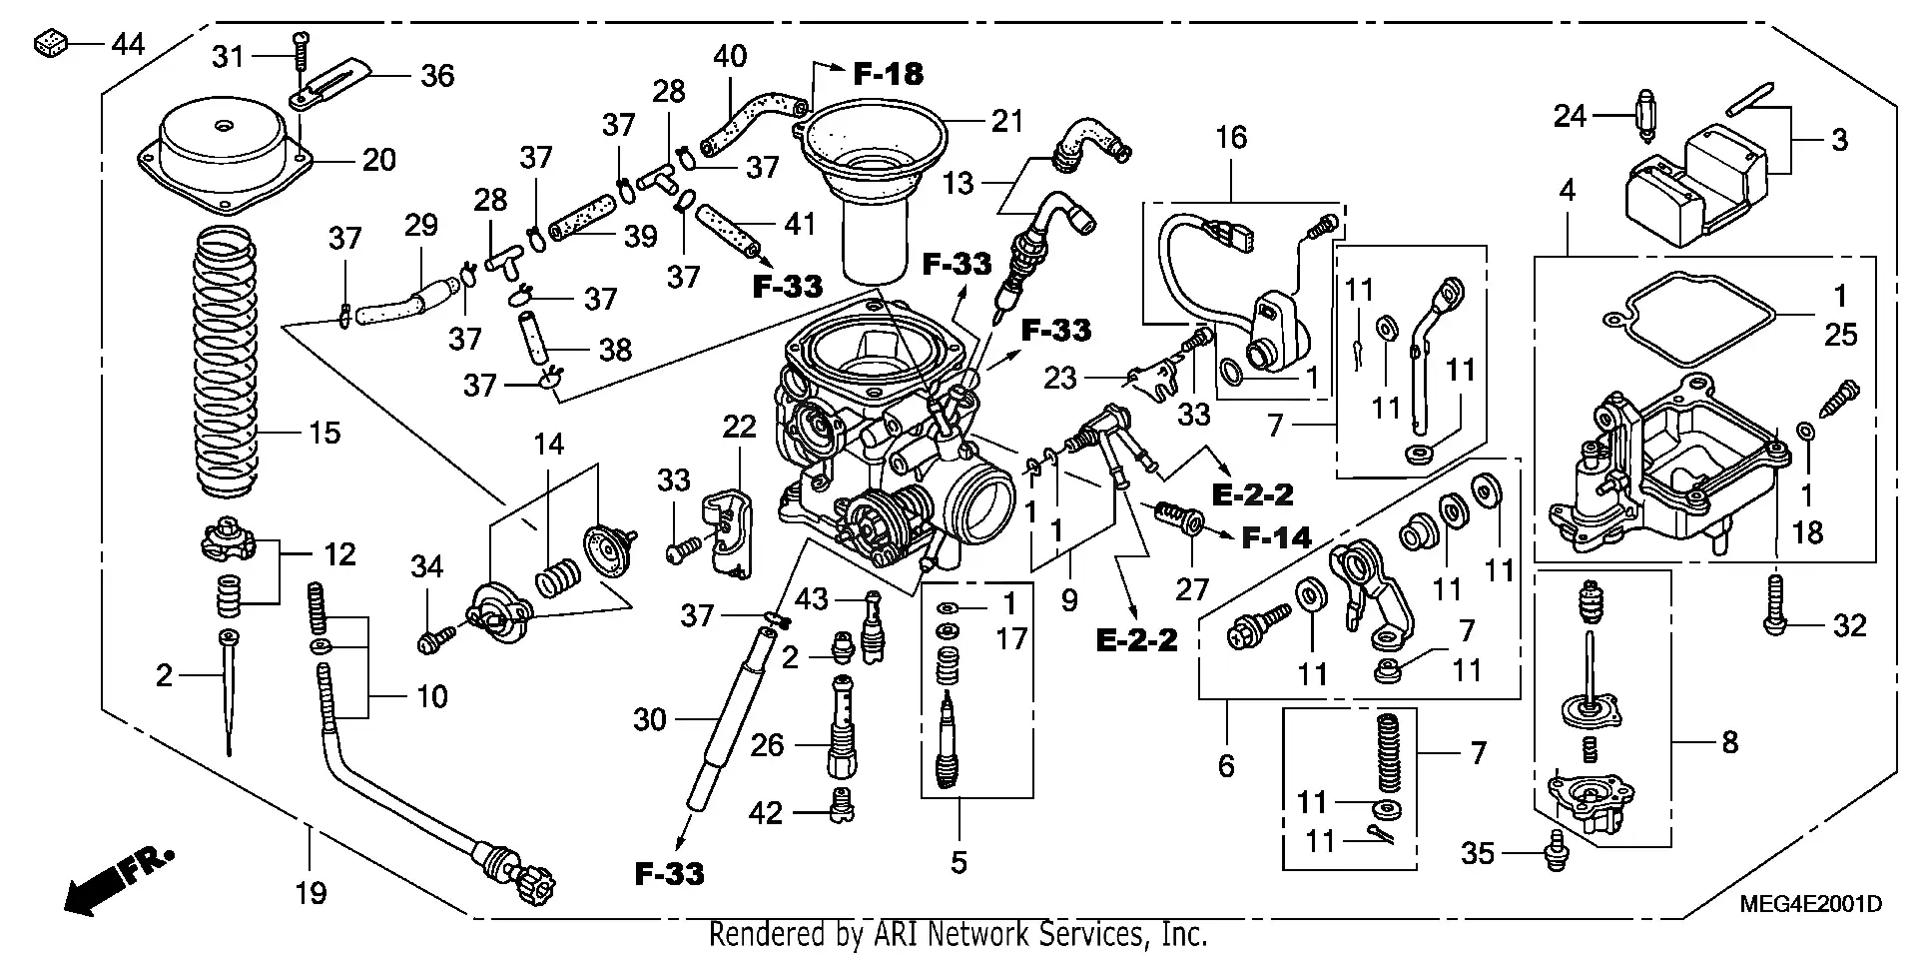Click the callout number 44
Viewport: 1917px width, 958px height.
click(127, 44)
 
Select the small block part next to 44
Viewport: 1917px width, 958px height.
click(50, 44)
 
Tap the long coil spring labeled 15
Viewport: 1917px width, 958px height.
click(226, 360)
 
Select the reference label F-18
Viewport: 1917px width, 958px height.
click(888, 73)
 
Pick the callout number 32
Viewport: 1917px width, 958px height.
click(1849, 626)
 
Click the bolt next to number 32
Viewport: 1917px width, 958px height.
click(1774, 605)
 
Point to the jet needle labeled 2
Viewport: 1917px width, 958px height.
click(230, 689)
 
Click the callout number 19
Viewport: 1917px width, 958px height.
click(311, 892)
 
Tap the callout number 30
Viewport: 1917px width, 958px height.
click(649, 719)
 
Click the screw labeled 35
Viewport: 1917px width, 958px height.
click(1555, 854)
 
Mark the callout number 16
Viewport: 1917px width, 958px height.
click(1231, 137)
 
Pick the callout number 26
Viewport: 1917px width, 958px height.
click(767, 745)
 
